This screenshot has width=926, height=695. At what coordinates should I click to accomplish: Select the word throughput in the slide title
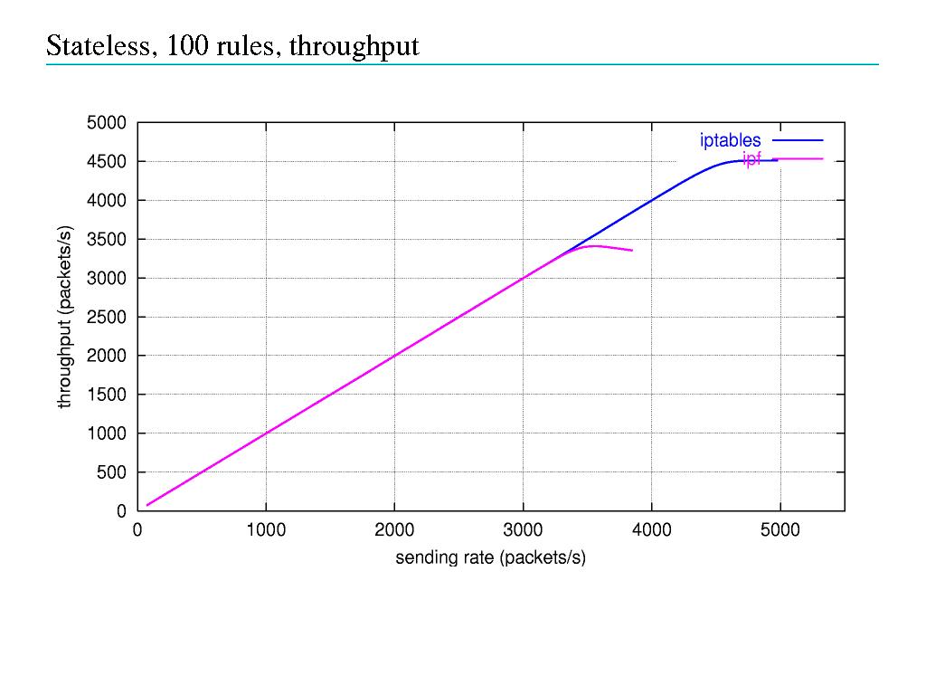click(x=354, y=47)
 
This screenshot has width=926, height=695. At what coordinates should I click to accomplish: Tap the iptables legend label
click(x=730, y=140)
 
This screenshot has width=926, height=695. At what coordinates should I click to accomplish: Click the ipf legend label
click(x=751, y=159)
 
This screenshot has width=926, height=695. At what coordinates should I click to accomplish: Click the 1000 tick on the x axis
click(x=266, y=530)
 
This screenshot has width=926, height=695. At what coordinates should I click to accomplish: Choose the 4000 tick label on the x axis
click(x=651, y=530)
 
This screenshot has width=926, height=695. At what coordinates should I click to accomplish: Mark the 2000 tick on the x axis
click(x=394, y=530)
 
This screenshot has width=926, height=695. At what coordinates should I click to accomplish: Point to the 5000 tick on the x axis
click(x=780, y=530)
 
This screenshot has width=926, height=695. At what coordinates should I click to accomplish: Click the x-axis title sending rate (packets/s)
click(x=490, y=557)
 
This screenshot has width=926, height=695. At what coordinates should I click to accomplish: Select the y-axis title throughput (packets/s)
click(x=64, y=317)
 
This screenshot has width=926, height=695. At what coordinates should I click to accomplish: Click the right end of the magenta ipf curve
click(x=631, y=250)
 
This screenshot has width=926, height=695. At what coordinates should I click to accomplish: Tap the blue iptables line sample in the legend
click(x=798, y=140)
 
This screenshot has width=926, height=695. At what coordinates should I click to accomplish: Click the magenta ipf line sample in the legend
click(x=798, y=159)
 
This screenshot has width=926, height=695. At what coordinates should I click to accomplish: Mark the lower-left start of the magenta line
click(x=147, y=505)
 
